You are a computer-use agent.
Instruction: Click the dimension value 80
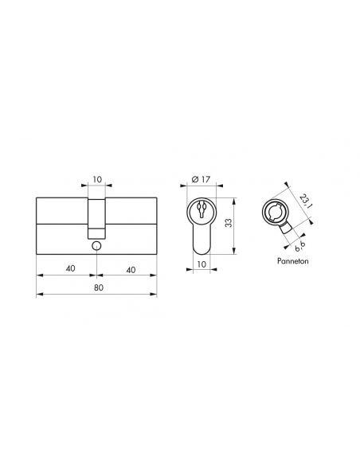click(99, 287)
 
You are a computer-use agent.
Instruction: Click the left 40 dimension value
click(71, 268)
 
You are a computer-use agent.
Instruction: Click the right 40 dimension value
click(131, 270)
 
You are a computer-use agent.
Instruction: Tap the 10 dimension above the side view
click(97, 179)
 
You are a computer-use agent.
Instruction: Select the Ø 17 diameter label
click(201, 179)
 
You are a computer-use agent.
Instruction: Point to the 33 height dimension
click(228, 223)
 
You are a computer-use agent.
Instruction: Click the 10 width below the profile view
click(202, 264)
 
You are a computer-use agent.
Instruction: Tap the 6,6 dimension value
click(298, 247)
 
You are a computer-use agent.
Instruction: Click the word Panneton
click(292, 261)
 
